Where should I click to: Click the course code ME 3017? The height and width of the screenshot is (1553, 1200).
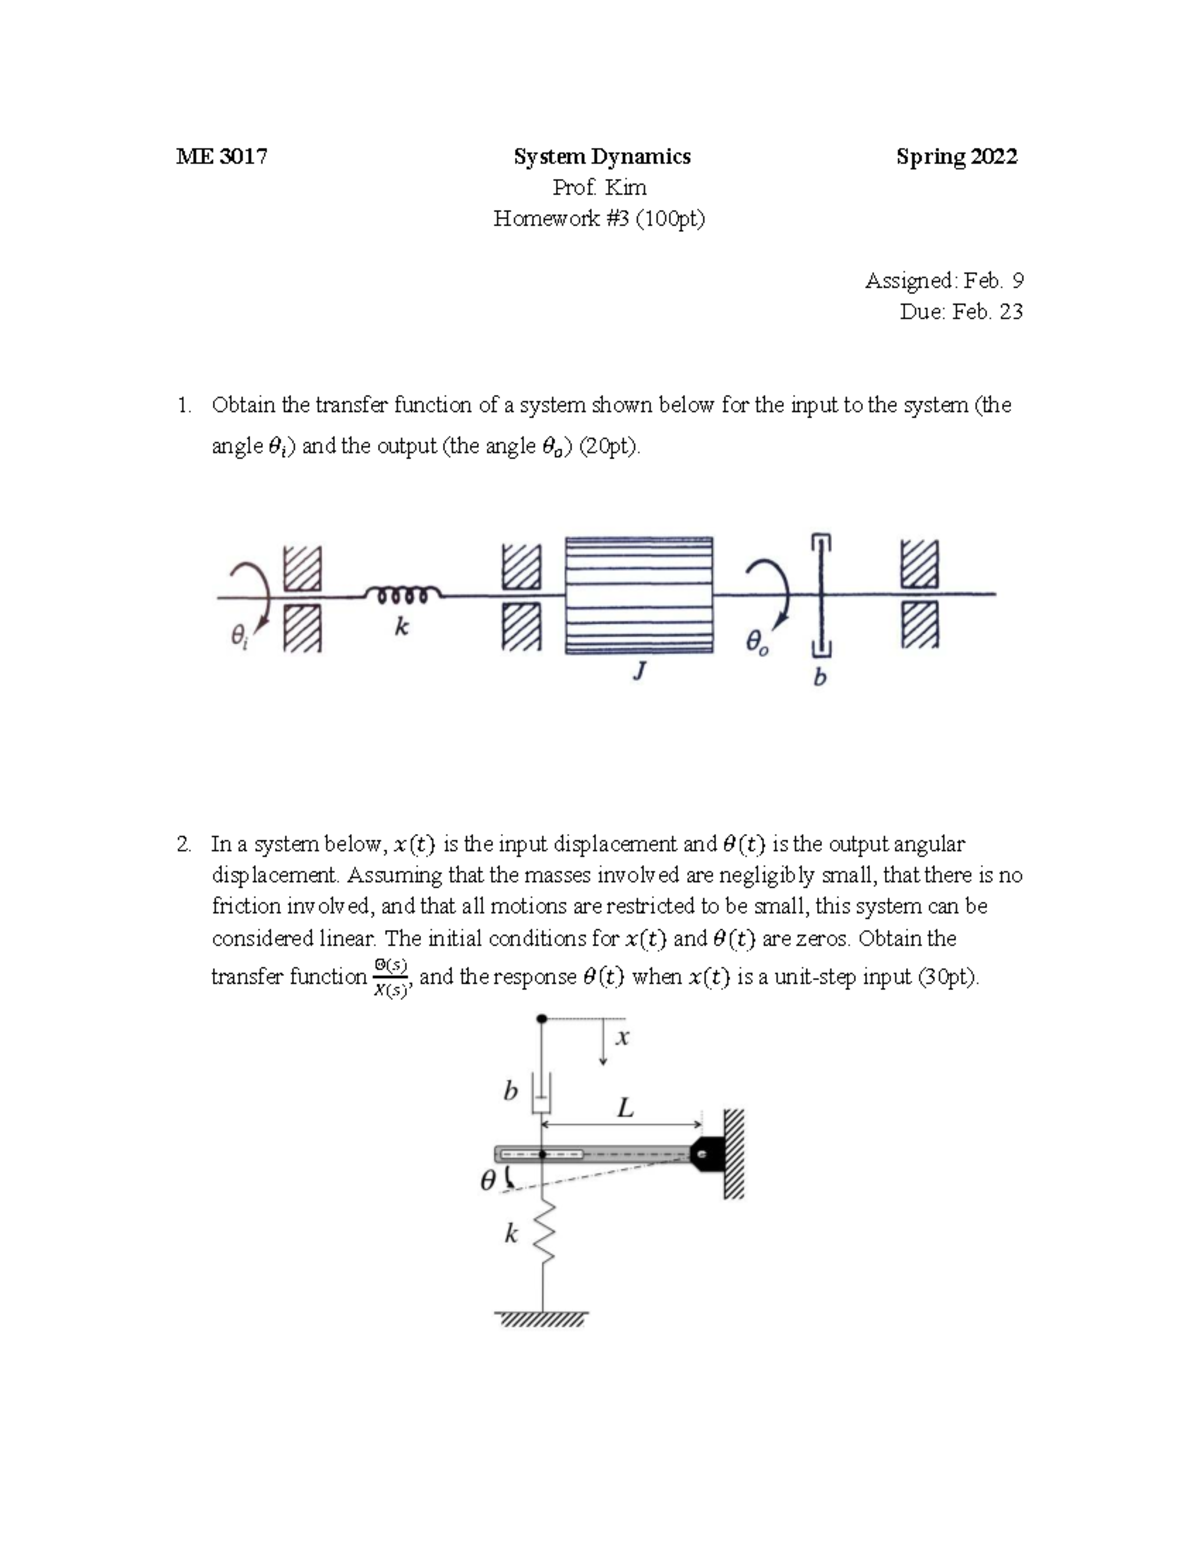pyautogui.click(x=221, y=157)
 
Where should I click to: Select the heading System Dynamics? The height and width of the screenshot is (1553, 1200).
pyautogui.click(x=601, y=157)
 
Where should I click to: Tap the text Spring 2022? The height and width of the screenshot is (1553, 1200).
pyautogui.click(x=956, y=157)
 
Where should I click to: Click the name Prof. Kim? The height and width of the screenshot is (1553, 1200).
pyautogui.click(x=600, y=188)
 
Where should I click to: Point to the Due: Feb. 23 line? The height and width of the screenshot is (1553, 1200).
pyautogui.click(x=960, y=311)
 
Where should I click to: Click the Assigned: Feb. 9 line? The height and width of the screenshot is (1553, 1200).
pyautogui.click(x=943, y=281)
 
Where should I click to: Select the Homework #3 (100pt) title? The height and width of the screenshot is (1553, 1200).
pyautogui.click(x=599, y=219)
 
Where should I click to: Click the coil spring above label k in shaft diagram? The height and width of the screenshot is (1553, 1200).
pyautogui.click(x=400, y=596)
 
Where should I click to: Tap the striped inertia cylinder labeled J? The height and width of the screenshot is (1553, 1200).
pyautogui.click(x=640, y=595)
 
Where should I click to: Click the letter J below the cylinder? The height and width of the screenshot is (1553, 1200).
pyautogui.click(x=638, y=672)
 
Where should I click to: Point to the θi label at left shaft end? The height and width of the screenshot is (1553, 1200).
pyautogui.click(x=238, y=636)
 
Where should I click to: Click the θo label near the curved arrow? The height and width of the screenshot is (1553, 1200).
pyautogui.click(x=758, y=643)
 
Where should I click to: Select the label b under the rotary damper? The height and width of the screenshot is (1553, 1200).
pyautogui.click(x=820, y=678)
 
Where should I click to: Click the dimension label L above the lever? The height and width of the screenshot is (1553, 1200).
pyautogui.click(x=626, y=1107)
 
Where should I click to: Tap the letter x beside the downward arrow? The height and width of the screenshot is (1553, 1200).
pyautogui.click(x=622, y=1038)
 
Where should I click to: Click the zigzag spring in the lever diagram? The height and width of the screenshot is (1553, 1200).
pyautogui.click(x=542, y=1232)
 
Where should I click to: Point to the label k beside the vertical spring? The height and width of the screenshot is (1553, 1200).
pyautogui.click(x=511, y=1234)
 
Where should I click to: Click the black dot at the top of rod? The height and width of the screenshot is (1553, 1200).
pyautogui.click(x=542, y=1019)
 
